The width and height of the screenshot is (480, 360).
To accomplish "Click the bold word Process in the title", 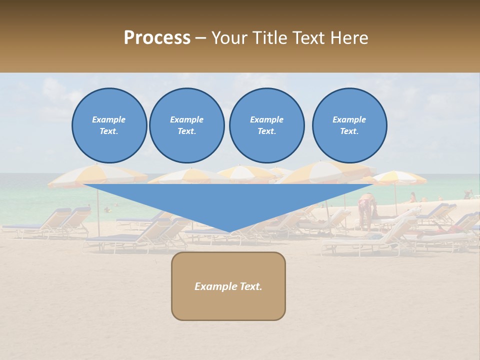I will tap(157, 38).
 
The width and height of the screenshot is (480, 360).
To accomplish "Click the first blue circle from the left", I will tap(109, 125).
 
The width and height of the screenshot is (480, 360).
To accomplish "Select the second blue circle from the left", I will tap(187, 125).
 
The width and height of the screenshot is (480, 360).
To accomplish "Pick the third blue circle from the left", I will tap(267, 125).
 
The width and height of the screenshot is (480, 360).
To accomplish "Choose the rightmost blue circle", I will tap(349, 125).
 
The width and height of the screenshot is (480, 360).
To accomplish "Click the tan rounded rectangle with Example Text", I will tap(228, 286).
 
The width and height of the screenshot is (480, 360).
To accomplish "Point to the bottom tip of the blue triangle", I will tap(229, 232).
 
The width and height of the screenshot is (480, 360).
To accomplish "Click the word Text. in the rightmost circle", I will tap(349, 131).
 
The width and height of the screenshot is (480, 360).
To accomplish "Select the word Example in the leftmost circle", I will tap(109, 119).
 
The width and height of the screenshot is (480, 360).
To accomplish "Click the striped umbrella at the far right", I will tap(400, 177).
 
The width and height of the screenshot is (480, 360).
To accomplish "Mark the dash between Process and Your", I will tap(201, 38).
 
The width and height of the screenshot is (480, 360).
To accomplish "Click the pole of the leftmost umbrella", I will tap(98, 210).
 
